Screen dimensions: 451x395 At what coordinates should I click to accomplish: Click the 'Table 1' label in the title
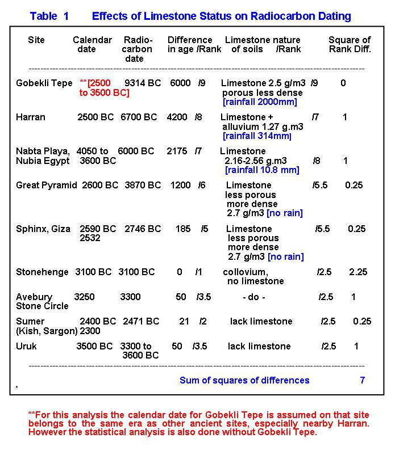tap(49, 16)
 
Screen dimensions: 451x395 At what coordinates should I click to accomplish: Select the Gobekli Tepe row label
tap(44, 83)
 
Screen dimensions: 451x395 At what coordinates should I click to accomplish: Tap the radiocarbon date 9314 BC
tap(143, 83)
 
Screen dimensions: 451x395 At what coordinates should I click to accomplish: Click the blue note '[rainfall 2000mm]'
tap(260, 103)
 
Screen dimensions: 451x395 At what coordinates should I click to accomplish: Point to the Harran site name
tap(31, 117)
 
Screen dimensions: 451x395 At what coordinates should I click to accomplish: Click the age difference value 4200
tap(177, 117)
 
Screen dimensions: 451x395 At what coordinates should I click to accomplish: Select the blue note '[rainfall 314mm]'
tap(257, 136)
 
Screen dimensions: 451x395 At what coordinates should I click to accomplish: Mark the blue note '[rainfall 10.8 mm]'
tap(262, 170)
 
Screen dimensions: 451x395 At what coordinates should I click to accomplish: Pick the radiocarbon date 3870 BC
tap(143, 186)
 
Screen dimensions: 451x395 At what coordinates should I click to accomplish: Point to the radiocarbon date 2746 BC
tap(143, 229)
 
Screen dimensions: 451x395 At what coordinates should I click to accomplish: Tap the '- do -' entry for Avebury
tap(253, 297)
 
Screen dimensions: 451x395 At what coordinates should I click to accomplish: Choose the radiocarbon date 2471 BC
tap(141, 322)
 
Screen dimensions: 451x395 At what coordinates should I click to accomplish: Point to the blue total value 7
tap(362, 380)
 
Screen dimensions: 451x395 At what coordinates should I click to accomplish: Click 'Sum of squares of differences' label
tap(244, 380)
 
